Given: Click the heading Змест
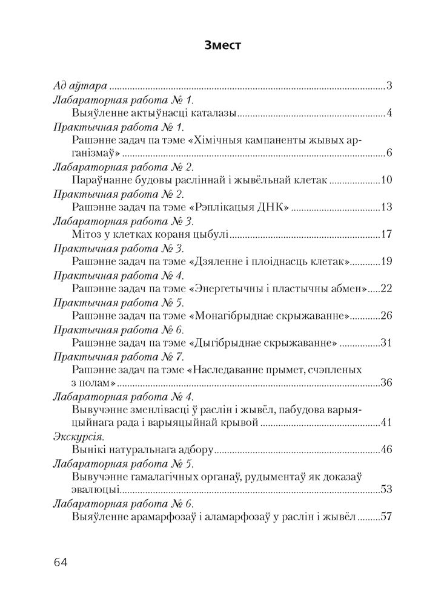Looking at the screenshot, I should pyautogui.click(x=212, y=46).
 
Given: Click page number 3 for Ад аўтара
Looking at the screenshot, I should pyautogui.click(x=389, y=85).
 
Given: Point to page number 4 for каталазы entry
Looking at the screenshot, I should pyautogui.click(x=389, y=113).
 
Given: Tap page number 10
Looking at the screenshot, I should pyautogui.click(x=386, y=180).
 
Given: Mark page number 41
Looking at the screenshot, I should pyautogui.click(x=386, y=422).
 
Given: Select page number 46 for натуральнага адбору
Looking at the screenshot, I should pyautogui.click(x=386, y=450).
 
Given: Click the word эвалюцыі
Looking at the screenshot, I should pyautogui.click(x=94, y=490).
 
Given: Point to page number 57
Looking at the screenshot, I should pyautogui.click(x=386, y=517).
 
